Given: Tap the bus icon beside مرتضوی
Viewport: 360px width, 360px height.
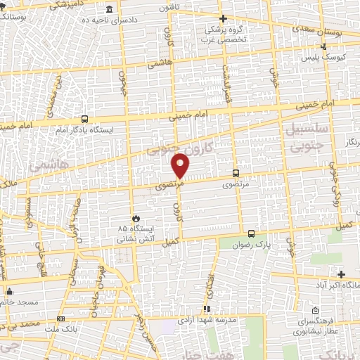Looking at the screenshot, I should pos(235,172).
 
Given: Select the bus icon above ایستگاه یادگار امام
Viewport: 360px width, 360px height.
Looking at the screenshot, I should pos(85,119).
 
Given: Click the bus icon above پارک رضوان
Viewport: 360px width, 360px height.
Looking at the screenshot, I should pos(251,233).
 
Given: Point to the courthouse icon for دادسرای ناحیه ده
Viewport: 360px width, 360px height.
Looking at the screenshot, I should pos(109,11).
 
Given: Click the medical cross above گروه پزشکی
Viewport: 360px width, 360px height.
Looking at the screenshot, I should pos(222,18).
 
